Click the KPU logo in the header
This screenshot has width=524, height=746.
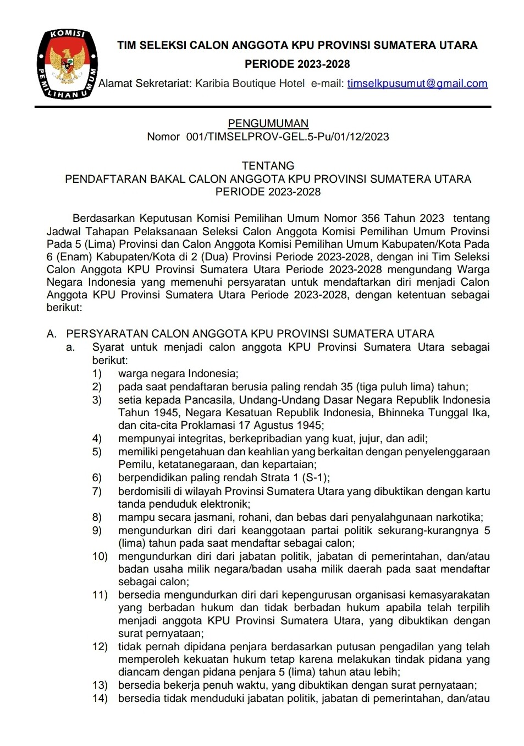67,64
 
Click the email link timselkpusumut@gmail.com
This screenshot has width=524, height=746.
417,83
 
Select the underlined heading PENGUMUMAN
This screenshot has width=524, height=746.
268,123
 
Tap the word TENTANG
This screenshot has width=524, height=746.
268,166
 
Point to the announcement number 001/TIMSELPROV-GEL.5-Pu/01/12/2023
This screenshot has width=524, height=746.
288,137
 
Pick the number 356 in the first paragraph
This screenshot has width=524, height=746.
371,219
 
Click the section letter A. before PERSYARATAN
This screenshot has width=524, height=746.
52,334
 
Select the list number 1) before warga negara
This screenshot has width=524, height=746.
97,374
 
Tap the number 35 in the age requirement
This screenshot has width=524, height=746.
346,387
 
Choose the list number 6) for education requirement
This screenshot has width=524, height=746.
97,478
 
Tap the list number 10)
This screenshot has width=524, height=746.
100,557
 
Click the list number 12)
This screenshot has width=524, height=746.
100,647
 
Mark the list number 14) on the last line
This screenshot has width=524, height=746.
100,699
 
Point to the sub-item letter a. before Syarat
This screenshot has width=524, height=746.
70,347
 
